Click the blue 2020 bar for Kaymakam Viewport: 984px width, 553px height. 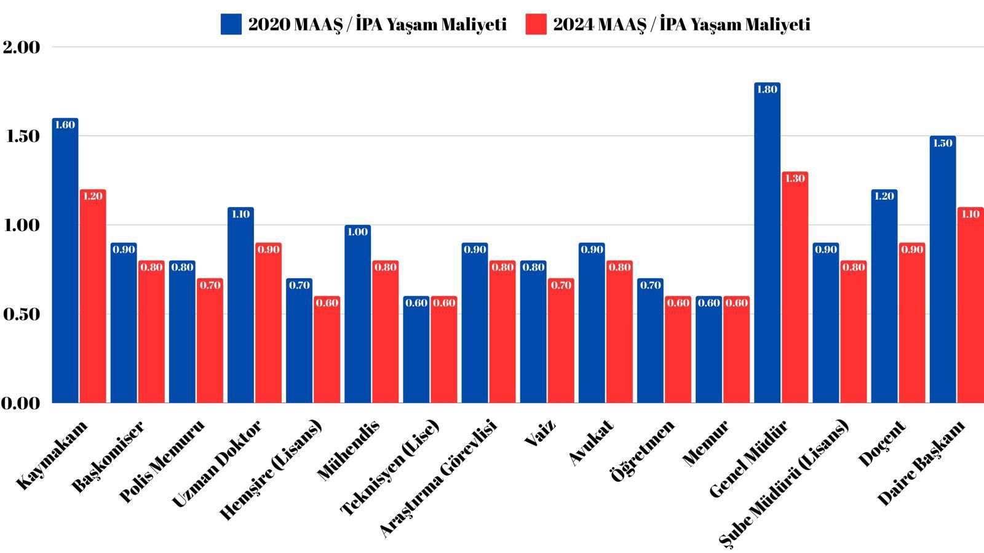tap(65, 264)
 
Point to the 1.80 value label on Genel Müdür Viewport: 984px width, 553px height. tap(767, 90)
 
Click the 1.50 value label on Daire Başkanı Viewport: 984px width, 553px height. tap(943, 143)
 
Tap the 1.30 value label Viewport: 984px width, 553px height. tap(795, 179)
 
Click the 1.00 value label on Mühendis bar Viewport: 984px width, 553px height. tap(357, 232)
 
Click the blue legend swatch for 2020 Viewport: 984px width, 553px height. tap(231, 25)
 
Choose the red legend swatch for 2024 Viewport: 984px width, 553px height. tap(536, 25)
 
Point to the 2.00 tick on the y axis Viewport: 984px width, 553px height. tap(21, 47)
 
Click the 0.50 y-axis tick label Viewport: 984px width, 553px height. tap(21, 315)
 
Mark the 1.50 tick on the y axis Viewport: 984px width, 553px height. tap(21, 136)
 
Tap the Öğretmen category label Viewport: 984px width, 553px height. tap(643, 450)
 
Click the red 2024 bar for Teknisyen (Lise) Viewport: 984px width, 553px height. tap(444, 353)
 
